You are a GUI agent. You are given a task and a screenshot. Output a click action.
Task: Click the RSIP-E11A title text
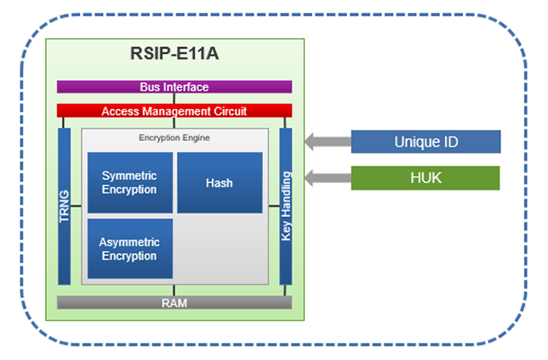click(x=174, y=55)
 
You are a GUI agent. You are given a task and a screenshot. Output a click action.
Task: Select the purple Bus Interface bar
click(x=174, y=87)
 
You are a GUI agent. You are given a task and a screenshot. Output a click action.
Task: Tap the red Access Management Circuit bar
click(x=174, y=111)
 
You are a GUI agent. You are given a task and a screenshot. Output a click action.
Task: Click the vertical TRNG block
click(x=64, y=207)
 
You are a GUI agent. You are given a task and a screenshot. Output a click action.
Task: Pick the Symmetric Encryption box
click(x=130, y=183)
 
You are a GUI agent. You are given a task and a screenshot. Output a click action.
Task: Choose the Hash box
click(x=219, y=183)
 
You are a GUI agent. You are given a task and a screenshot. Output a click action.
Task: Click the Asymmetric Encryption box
click(x=130, y=249)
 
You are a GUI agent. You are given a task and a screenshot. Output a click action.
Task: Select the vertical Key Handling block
click(x=286, y=207)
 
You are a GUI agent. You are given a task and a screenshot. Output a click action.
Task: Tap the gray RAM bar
click(x=174, y=302)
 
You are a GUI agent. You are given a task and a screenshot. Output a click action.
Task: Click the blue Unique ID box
click(x=425, y=142)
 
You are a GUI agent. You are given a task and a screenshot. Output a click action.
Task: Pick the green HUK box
click(x=425, y=177)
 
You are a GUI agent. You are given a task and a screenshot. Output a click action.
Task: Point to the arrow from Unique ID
click(x=326, y=142)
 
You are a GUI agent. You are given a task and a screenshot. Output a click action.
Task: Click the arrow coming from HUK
click(x=326, y=177)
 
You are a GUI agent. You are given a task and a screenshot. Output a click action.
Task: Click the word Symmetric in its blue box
click(x=129, y=176)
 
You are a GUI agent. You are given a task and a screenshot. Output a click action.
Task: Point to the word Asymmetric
click(x=129, y=242)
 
